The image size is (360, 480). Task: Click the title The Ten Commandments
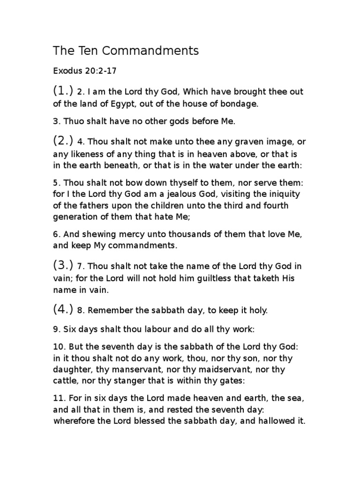[126, 50]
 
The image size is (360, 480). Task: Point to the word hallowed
[275, 420]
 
